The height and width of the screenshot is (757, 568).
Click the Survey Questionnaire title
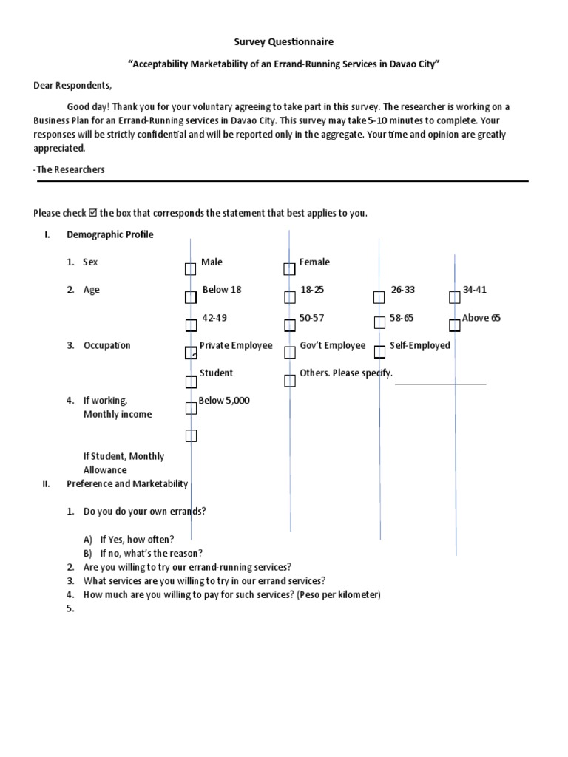[x=284, y=42]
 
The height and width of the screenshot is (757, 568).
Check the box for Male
[x=191, y=269]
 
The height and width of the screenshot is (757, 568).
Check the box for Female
[x=289, y=269]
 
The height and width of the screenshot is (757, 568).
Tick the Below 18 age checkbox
[x=191, y=297]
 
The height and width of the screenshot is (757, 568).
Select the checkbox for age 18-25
[x=289, y=297]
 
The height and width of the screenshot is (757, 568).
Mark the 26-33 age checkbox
[x=379, y=297]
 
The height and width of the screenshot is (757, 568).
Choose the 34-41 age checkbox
[x=454, y=297]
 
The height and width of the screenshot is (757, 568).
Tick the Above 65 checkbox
[x=454, y=325]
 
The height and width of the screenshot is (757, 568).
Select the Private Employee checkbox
[x=191, y=353]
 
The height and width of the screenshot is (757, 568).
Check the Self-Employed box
[x=379, y=352]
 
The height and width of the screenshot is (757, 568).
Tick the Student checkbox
[x=191, y=381]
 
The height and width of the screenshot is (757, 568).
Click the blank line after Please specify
[x=440, y=382]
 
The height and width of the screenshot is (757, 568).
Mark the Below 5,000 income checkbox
[x=191, y=408]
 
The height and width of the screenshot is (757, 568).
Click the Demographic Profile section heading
[x=110, y=234]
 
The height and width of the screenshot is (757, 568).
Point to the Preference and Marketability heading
[x=127, y=483]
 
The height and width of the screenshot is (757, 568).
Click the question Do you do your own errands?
[x=145, y=512]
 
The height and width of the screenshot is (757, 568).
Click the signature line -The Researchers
[x=70, y=169]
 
